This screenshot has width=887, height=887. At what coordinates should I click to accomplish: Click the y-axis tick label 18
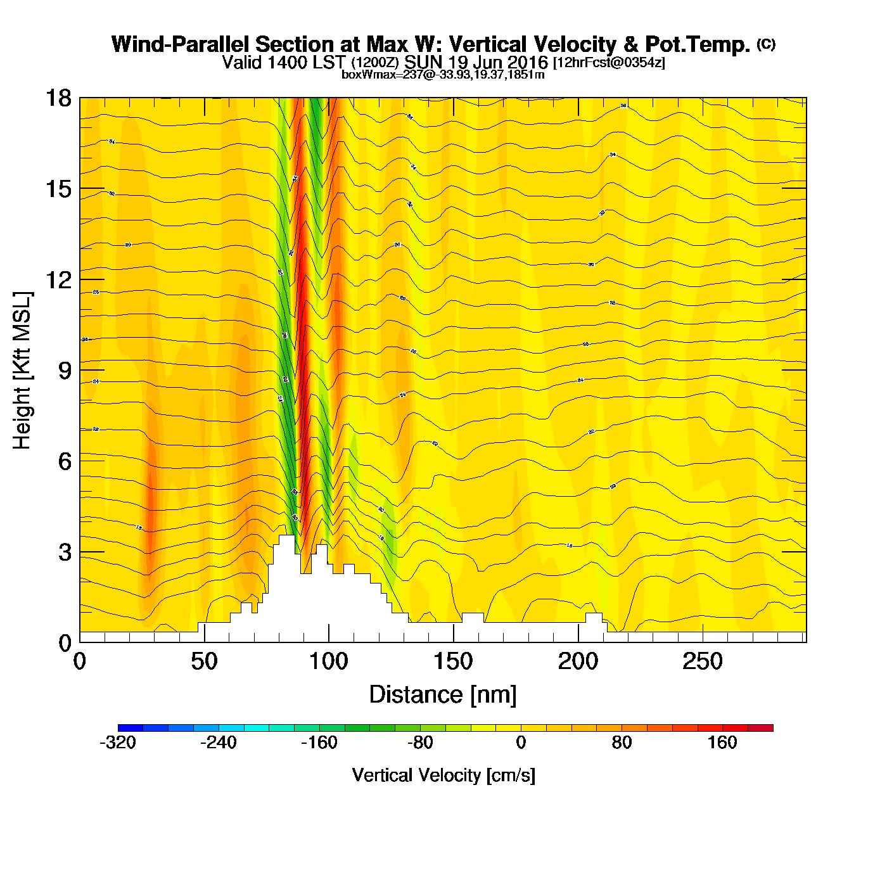pyautogui.click(x=58, y=98)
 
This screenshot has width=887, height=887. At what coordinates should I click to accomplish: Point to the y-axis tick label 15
pyautogui.click(x=58, y=189)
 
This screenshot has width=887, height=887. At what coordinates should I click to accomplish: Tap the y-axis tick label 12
pyautogui.click(x=58, y=279)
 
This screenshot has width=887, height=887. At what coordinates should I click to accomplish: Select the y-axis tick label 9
pyautogui.click(x=65, y=371)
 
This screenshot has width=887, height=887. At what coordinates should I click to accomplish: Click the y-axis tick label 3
pyautogui.click(x=65, y=552)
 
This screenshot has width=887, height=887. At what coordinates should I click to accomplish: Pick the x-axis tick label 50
pyautogui.click(x=204, y=662)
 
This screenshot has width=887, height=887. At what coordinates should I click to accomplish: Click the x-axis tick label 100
pyautogui.click(x=329, y=662)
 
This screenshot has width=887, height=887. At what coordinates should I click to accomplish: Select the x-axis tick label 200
pyautogui.click(x=578, y=662)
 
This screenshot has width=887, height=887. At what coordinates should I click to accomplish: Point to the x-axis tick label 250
pyautogui.click(x=703, y=662)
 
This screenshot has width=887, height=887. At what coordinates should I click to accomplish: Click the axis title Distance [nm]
pyautogui.click(x=443, y=695)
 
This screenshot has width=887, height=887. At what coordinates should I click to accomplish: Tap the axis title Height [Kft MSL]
pyautogui.click(x=22, y=371)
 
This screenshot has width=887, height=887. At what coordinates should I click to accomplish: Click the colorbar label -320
pyautogui.click(x=118, y=743)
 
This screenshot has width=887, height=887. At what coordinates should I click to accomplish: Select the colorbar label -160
pyautogui.click(x=319, y=743)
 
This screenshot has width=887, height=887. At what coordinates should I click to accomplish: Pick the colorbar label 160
pyautogui.click(x=722, y=743)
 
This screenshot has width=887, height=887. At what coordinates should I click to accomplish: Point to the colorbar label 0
pyautogui.click(x=521, y=743)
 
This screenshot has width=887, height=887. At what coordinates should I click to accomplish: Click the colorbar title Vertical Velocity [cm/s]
pyautogui.click(x=443, y=775)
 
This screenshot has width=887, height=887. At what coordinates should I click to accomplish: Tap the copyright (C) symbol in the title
pyautogui.click(x=766, y=44)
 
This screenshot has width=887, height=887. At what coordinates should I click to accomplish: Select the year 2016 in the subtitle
pyautogui.click(x=526, y=63)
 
